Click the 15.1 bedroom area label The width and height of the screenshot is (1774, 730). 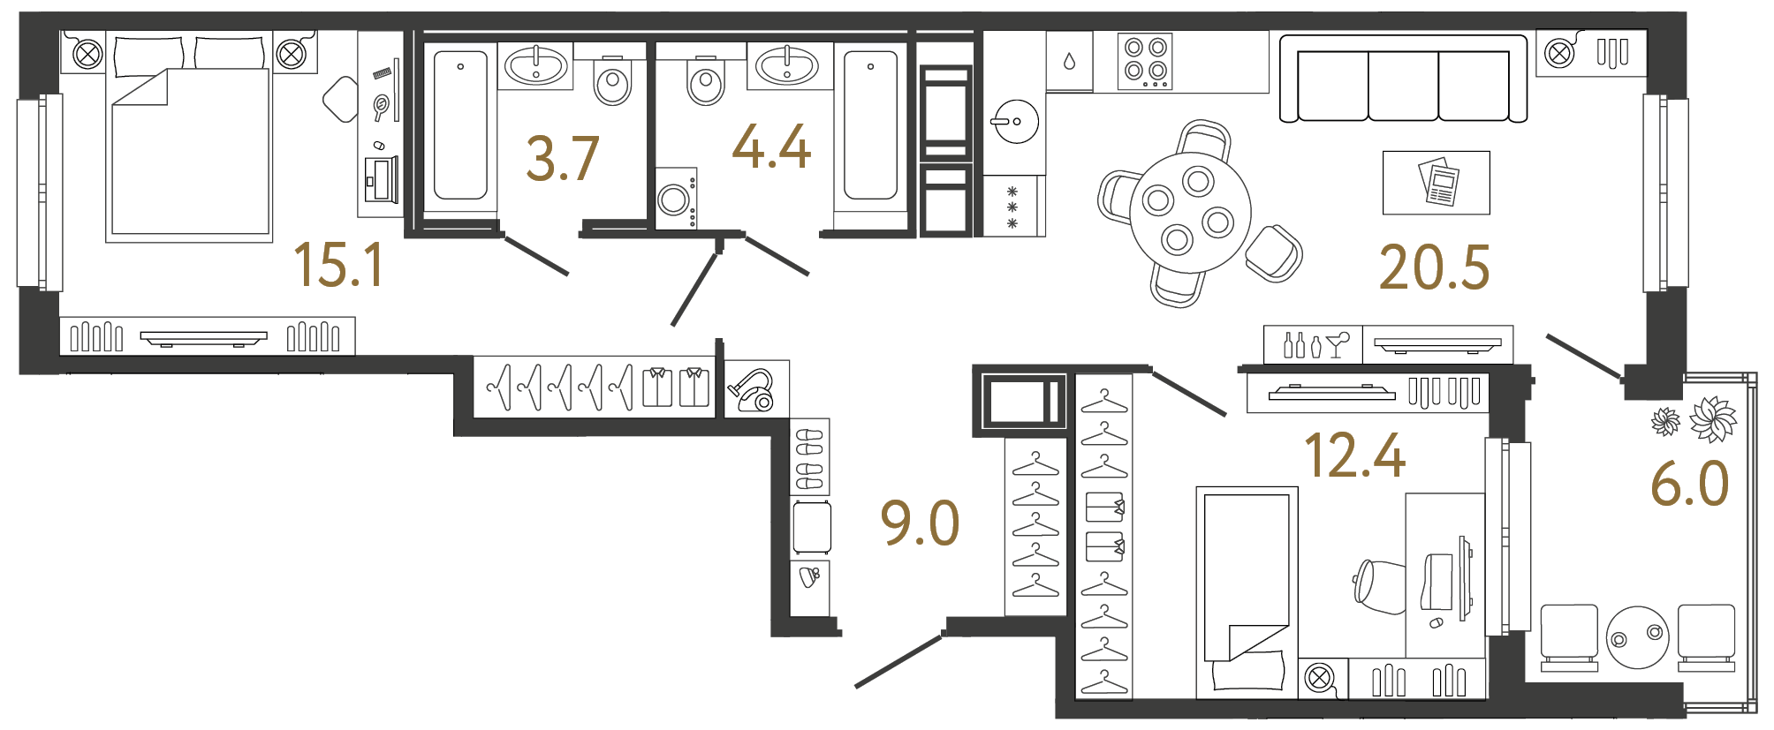pyautogui.click(x=339, y=265)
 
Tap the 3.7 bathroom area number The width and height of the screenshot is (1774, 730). pyautogui.click(x=563, y=159)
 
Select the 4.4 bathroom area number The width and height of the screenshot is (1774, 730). pyautogui.click(x=771, y=147)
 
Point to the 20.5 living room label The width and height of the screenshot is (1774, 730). pyautogui.click(x=1434, y=268)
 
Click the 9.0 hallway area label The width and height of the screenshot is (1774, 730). pyautogui.click(x=920, y=523)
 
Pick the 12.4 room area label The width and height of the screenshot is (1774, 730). pyautogui.click(x=1354, y=456)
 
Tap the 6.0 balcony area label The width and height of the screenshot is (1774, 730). pyautogui.click(x=1689, y=485)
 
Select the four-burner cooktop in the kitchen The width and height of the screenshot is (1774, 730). pyautogui.click(x=1146, y=60)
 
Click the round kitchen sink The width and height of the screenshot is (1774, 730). pyautogui.click(x=1016, y=121)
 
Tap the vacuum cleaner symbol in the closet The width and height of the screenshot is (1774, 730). pyautogui.click(x=753, y=390)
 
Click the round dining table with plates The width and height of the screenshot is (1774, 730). pyautogui.click(x=1189, y=212)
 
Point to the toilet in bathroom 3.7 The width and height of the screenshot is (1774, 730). pyautogui.click(x=612, y=81)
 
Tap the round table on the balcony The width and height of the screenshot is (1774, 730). pyautogui.click(x=1637, y=636)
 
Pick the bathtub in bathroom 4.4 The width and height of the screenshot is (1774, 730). pyautogui.click(x=870, y=125)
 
